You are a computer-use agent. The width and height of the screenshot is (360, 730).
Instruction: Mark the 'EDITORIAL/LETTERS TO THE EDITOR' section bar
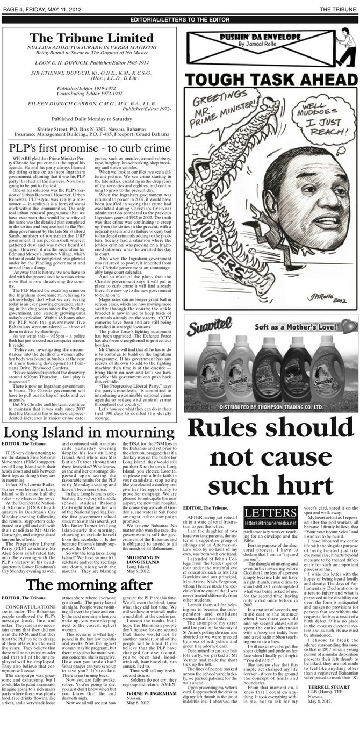coord(180,19)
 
